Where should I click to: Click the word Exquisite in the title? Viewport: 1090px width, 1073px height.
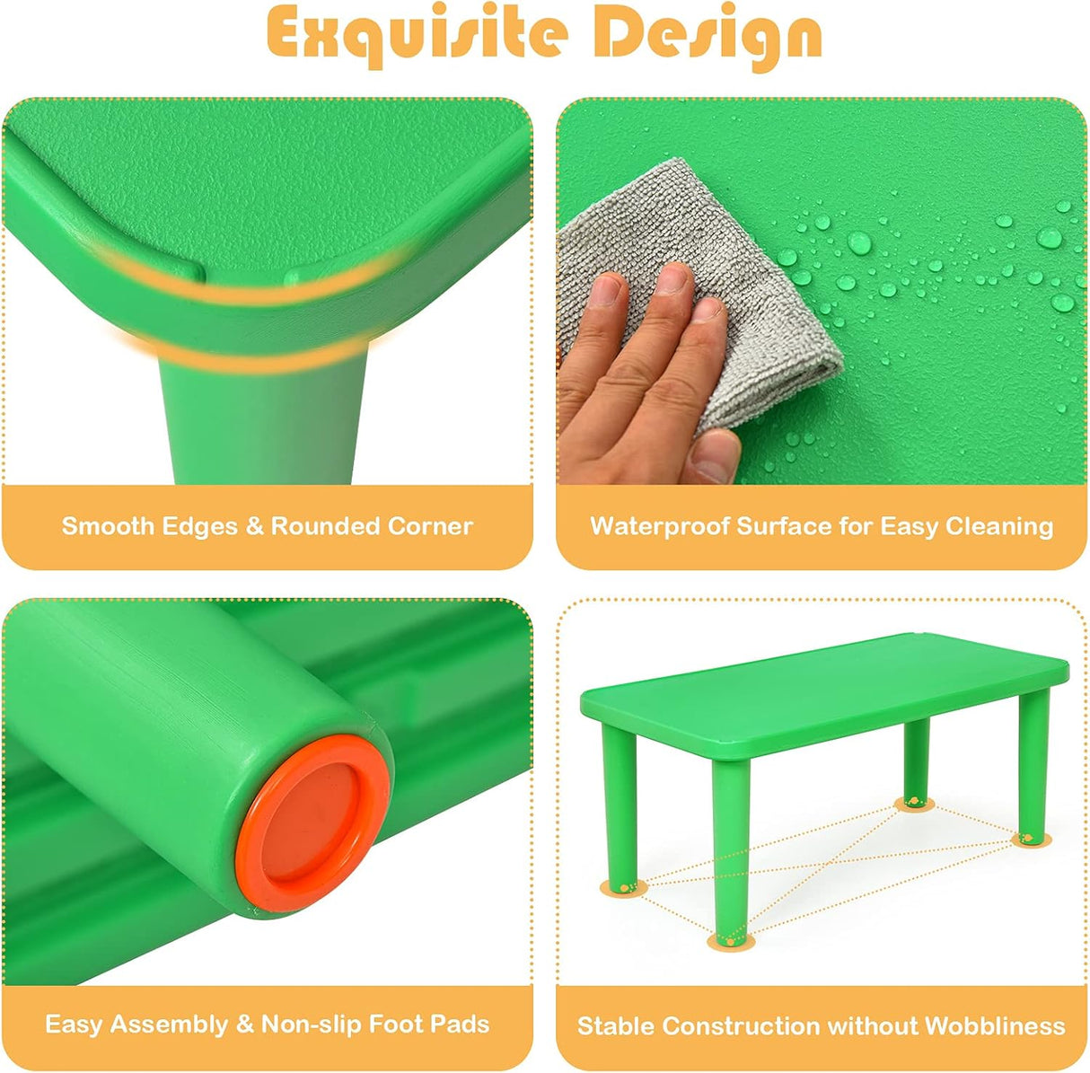click(417, 35)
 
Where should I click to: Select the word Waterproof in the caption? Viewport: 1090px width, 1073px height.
click(660, 527)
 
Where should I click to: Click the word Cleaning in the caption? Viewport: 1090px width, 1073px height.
click(999, 527)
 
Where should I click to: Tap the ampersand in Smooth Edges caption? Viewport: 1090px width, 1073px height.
click(254, 527)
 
